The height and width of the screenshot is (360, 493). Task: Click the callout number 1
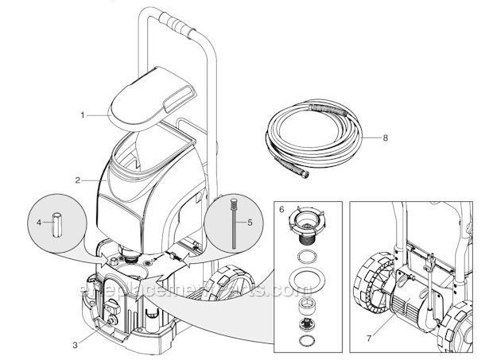82,115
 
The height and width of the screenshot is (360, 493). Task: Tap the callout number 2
77,180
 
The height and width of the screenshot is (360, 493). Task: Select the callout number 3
75,344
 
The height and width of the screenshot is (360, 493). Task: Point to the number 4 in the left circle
38,223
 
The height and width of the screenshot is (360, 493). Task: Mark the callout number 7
368,339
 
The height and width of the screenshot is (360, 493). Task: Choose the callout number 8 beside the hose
385,137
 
